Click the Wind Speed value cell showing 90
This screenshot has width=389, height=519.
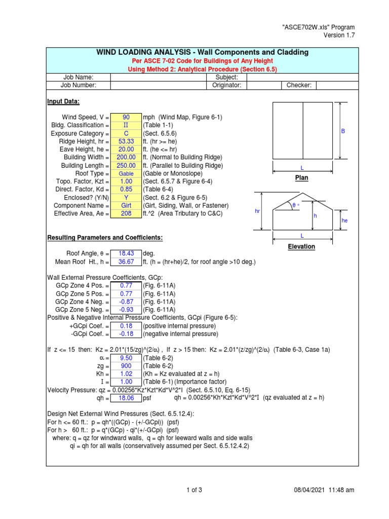(126, 117)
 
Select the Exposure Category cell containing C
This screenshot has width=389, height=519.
(126, 133)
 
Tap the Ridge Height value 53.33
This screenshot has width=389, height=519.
(126, 141)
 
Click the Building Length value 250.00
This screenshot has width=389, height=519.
(126, 166)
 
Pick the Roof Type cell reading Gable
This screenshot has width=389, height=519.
(126, 173)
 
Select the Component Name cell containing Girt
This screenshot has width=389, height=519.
(126, 206)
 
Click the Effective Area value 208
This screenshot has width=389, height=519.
(126, 213)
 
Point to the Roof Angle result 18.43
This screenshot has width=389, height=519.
(126, 253)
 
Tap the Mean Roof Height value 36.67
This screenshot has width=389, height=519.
(126, 262)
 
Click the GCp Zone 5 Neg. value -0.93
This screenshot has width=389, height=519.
(126, 310)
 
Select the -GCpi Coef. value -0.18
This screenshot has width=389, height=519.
(126, 334)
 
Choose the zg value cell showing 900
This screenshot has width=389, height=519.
(126, 366)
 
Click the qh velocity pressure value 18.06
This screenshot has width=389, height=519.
(126, 398)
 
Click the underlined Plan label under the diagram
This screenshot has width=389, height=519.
(302, 178)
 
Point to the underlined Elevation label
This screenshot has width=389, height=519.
(302, 247)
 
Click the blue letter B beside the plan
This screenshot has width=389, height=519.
(342, 131)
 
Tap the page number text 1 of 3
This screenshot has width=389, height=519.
(194, 490)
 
